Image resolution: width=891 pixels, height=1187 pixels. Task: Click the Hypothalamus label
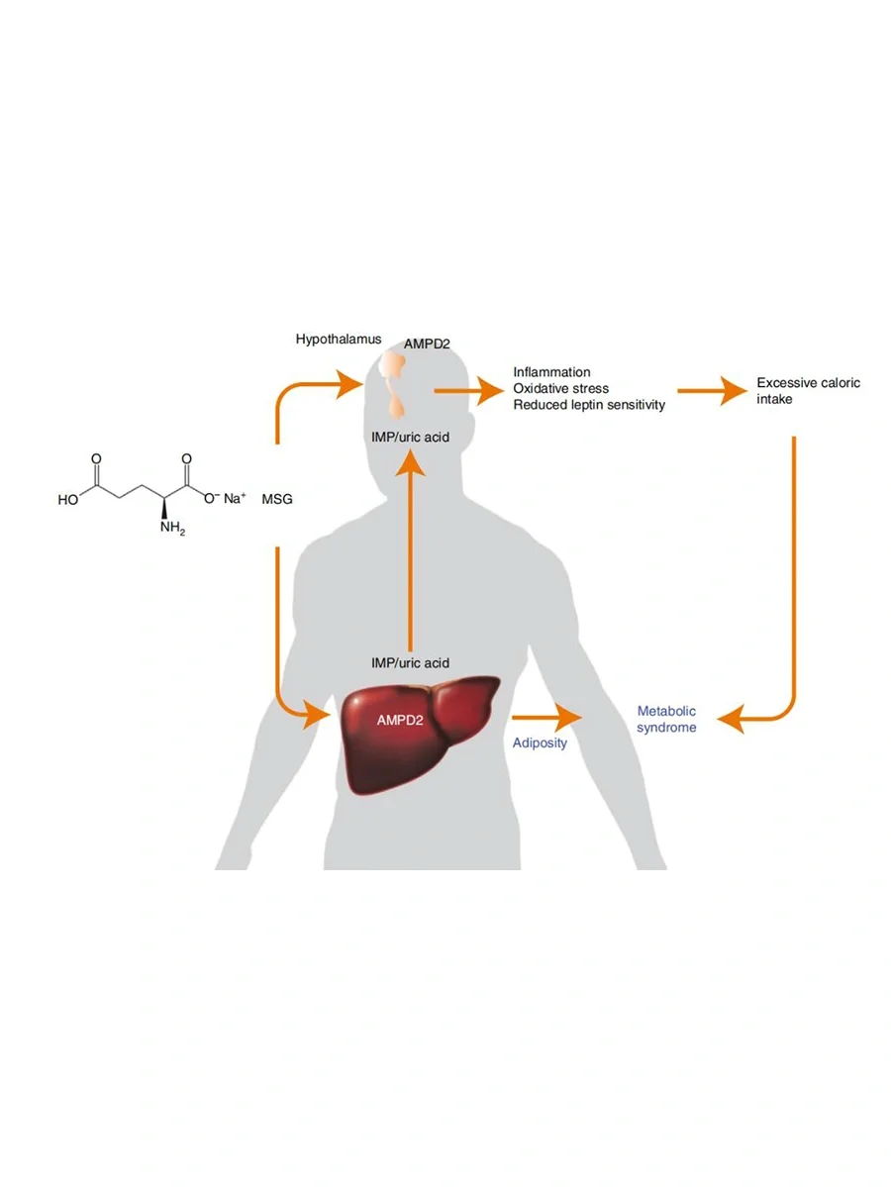click(x=339, y=340)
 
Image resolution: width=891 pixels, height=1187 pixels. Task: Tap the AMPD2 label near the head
click(x=427, y=345)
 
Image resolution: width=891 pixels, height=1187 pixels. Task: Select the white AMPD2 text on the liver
click(x=400, y=720)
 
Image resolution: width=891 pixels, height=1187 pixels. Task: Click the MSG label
click(x=276, y=500)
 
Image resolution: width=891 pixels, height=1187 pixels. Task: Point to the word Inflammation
click(x=551, y=372)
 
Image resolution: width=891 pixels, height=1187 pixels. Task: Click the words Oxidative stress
click(x=560, y=388)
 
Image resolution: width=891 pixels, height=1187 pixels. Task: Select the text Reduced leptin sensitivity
click(x=589, y=404)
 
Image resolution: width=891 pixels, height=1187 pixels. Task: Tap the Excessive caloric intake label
click(x=808, y=391)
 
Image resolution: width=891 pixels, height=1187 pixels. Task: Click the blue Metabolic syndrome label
click(x=666, y=719)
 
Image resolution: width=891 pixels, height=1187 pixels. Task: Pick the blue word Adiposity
click(x=540, y=742)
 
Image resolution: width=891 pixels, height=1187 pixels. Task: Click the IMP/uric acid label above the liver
click(x=410, y=662)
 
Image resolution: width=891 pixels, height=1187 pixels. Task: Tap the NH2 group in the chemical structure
click(x=171, y=528)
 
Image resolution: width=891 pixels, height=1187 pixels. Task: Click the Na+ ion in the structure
click(x=234, y=499)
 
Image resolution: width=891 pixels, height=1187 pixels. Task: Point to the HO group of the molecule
click(x=68, y=500)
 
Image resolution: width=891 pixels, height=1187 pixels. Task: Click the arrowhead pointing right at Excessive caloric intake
click(x=734, y=391)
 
